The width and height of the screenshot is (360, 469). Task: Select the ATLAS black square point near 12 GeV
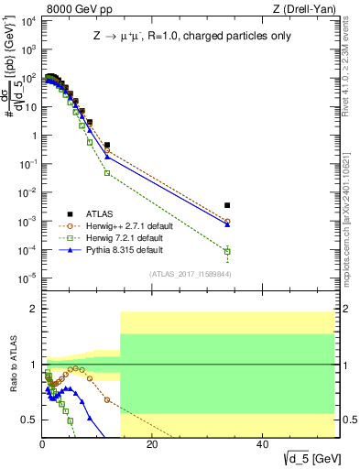click(x=107, y=145)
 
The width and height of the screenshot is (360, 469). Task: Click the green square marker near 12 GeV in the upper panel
click(x=107, y=172)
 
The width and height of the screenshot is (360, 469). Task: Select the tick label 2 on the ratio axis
click(x=35, y=310)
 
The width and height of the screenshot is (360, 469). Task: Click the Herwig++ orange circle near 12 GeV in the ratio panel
click(x=107, y=399)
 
